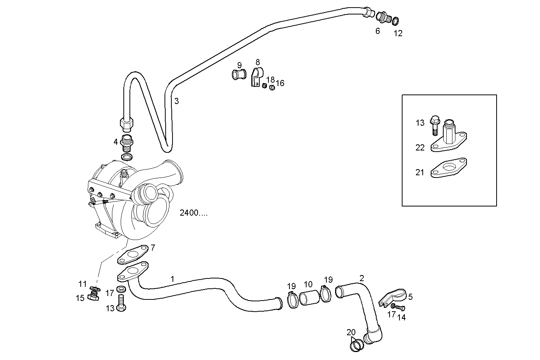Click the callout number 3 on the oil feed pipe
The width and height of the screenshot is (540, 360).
point(176,101)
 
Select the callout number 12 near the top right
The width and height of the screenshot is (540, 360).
point(398,33)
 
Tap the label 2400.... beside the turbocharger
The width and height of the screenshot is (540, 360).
point(193,213)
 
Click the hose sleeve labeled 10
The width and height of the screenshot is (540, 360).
point(308,297)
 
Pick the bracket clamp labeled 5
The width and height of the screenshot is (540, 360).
point(392,297)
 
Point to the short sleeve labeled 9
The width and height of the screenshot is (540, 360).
point(239,74)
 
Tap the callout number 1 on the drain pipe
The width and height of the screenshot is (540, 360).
point(172,279)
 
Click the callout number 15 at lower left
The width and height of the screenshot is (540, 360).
point(80,298)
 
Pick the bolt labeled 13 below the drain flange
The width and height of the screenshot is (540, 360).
point(121,303)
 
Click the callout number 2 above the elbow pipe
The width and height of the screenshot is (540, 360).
point(361,278)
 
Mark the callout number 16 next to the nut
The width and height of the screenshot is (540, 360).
point(280,83)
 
